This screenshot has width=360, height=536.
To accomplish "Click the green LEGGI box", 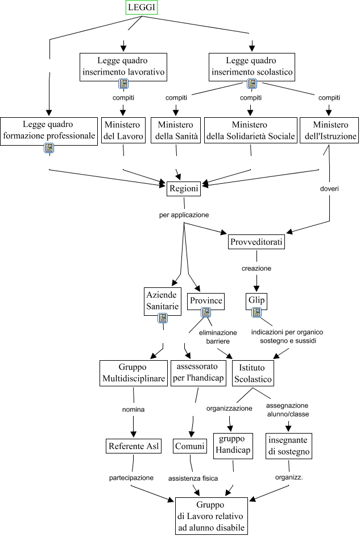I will pyautogui.click(x=141, y=7).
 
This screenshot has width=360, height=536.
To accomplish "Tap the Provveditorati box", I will pyautogui.click(x=256, y=242).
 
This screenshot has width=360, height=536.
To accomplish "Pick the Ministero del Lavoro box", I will pyautogui.click(x=123, y=130).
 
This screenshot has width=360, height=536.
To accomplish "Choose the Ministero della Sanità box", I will pyautogui.click(x=176, y=130).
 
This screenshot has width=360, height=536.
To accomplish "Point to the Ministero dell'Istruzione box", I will pyautogui.click(x=328, y=130).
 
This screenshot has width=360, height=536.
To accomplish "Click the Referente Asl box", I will pyautogui.click(x=133, y=446).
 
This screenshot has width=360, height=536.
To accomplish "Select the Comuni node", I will pyautogui.click(x=189, y=446).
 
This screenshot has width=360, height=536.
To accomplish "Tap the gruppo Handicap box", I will pyautogui.click(x=231, y=446).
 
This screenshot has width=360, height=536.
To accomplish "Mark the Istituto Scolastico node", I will pyautogui.click(x=255, y=373).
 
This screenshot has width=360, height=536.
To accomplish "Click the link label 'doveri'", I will pyautogui.click(x=330, y=188).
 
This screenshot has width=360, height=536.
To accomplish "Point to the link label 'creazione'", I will pyautogui.click(x=255, y=267).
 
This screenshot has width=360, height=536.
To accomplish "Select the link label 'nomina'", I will pyautogui.click(x=133, y=409).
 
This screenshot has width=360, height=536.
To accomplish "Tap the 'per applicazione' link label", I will pyautogui.click(x=184, y=215).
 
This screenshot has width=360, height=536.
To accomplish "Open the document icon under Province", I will pyautogui.click(x=206, y=312).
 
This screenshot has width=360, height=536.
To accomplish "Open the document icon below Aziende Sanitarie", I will pyautogui.click(x=163, y=318).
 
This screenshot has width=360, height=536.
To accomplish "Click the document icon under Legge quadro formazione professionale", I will pyautogui.click(x=48, y=148).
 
